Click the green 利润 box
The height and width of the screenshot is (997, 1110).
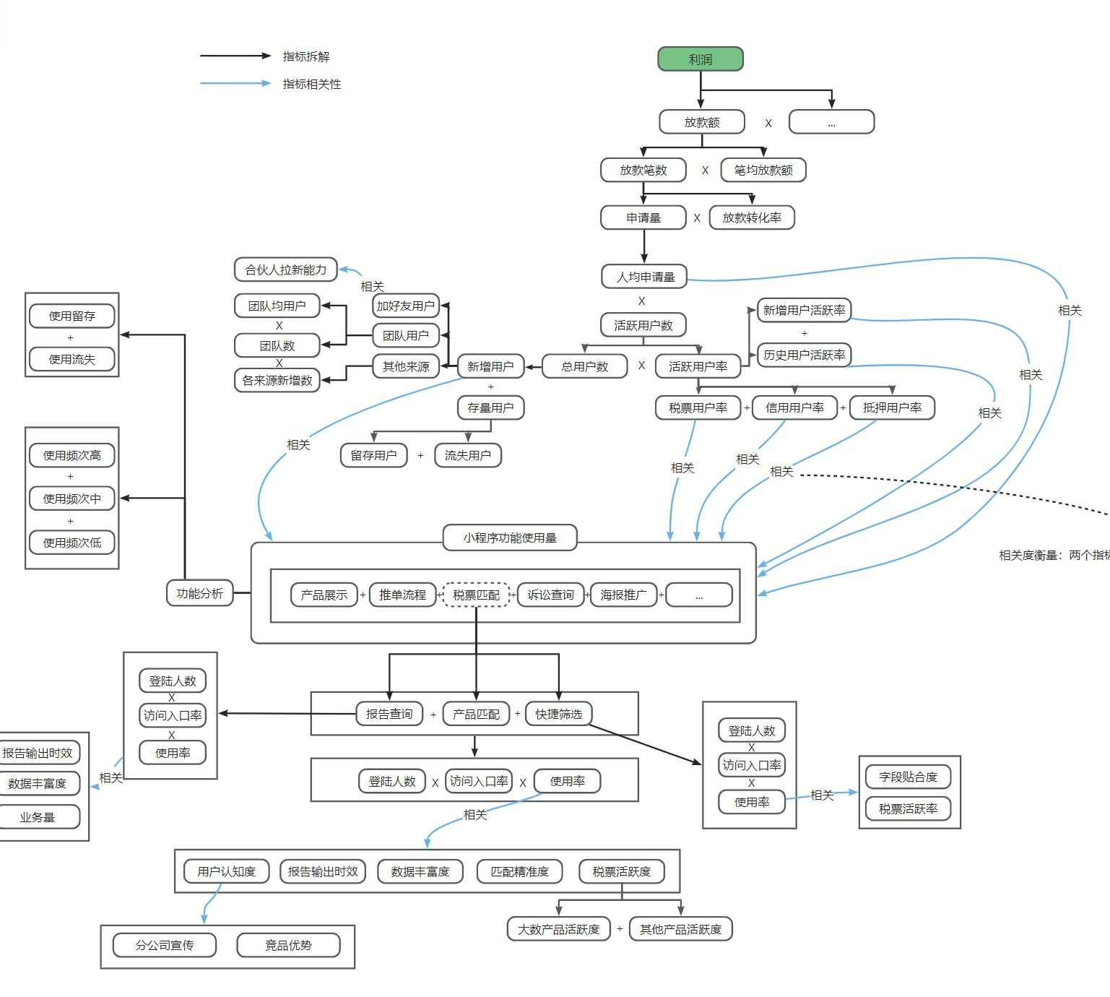click(701, 59)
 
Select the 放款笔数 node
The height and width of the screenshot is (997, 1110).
click(643, 170)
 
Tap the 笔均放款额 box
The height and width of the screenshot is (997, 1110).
click(763, 170)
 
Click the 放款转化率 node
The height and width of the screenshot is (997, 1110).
click(752, 217)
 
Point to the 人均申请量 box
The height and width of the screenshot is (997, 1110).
click(644, 277)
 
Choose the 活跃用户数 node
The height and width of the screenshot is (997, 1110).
click(643, 325)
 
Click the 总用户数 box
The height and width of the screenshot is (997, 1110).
click(584, 366)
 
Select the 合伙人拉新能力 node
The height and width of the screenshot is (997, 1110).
click(285, 269)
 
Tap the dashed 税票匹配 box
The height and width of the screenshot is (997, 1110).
click(476, 595)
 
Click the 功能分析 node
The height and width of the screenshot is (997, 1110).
click(200, 593)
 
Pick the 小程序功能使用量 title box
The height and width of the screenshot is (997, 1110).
click(510, 538)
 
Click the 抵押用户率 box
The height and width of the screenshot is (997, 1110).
click(892, 407)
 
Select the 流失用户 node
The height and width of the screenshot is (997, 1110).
click(468, 455)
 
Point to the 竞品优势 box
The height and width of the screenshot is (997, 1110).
click(288, 945)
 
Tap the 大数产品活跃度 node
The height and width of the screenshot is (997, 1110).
click(559, 929)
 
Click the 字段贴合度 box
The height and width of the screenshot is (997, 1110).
click(909, 777)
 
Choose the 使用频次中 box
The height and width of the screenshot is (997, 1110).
click(71, 498)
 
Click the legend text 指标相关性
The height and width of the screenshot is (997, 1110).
click(312, 84)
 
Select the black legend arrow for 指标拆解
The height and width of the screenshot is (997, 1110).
click(235, 56)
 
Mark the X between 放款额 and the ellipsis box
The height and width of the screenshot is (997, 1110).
click(768, 124)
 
